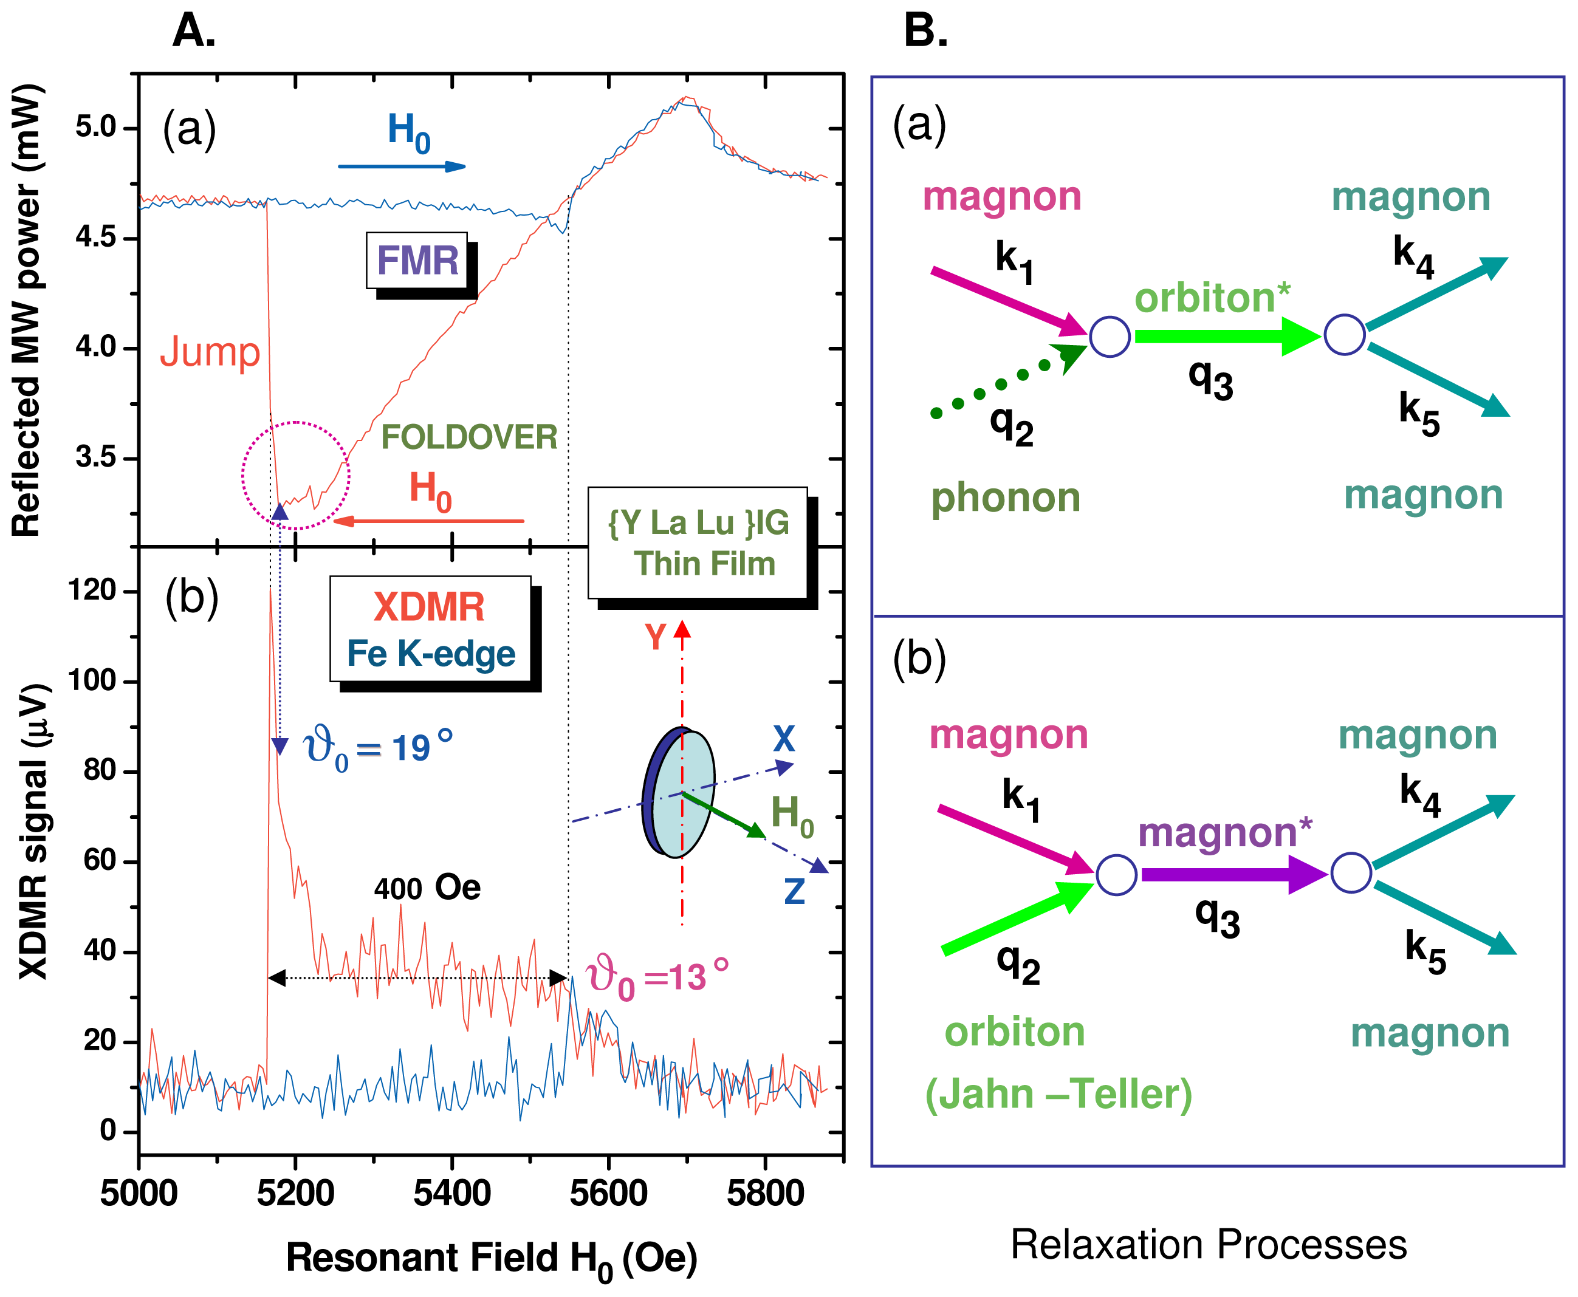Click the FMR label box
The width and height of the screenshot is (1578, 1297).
tap(417, 261)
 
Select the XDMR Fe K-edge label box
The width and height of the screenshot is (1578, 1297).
tap(430, 629)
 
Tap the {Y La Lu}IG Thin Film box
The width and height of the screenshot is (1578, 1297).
tap(698, 543)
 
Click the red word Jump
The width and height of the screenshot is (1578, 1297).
tap(210, 352)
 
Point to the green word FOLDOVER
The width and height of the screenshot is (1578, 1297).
tap(469, 437)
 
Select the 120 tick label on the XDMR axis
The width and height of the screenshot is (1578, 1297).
tap(92, 591)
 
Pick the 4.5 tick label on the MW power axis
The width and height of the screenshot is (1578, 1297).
tap(95, 238)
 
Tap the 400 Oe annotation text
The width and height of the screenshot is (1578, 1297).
tap(427, 888)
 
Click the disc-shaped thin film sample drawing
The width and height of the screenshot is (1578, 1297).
tap(679, 793)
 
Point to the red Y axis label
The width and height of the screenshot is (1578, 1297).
tap(655, 637)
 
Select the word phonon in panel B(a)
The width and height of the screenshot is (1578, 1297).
tap(1006, 498)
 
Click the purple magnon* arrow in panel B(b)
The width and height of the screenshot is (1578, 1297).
tap(1233, 874)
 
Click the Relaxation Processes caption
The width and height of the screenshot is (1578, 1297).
tap(1208, 1245)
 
